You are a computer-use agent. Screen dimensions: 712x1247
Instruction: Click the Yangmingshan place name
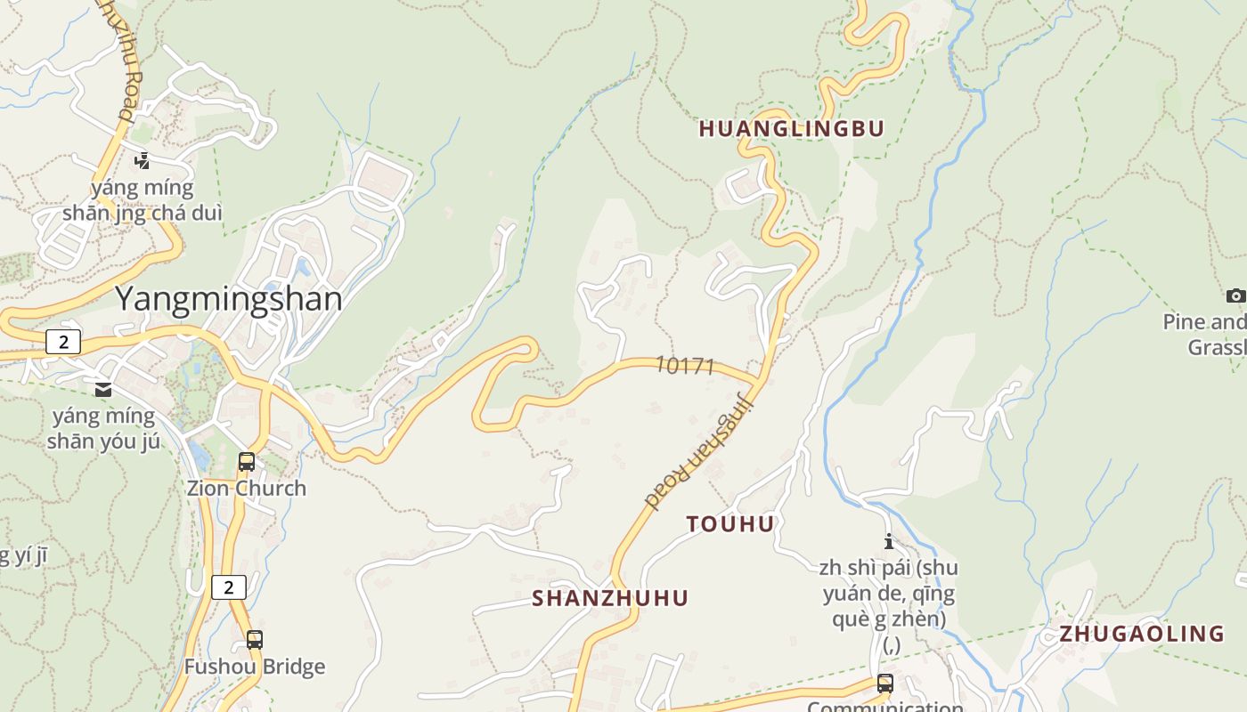tap(229, 298)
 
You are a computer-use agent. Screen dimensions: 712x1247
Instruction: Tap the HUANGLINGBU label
tap(792, 129)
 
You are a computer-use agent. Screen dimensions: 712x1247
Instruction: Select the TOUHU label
tap(730, 524)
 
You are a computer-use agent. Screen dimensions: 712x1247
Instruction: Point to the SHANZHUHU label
tap(610, 598)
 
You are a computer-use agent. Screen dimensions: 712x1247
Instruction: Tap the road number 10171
tap(685, 365)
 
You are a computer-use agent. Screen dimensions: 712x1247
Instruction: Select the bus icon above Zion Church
tap(247, 462)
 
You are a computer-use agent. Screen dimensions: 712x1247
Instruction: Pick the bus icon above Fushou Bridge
tap(255, 639)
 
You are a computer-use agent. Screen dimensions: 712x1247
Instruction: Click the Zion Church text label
tap(246, 488)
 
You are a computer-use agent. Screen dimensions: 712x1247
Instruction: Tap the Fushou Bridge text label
tap(255, 667)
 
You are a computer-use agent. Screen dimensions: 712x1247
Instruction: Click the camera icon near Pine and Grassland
tap(1235, 295)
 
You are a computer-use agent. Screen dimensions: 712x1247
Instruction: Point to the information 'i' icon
tap(888, 541)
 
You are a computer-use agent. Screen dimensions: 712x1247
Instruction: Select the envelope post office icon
tap(103, 389)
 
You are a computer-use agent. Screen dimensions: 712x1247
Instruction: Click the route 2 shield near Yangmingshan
tap(63, 342)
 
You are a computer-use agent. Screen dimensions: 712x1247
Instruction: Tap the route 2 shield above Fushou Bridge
tap(229, 587)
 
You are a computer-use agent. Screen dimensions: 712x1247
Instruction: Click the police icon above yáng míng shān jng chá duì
tap(142, 161)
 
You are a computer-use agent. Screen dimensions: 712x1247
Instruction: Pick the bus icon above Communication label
tap(884, 683)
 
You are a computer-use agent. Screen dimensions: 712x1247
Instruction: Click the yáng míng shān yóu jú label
tap(103, 428)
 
